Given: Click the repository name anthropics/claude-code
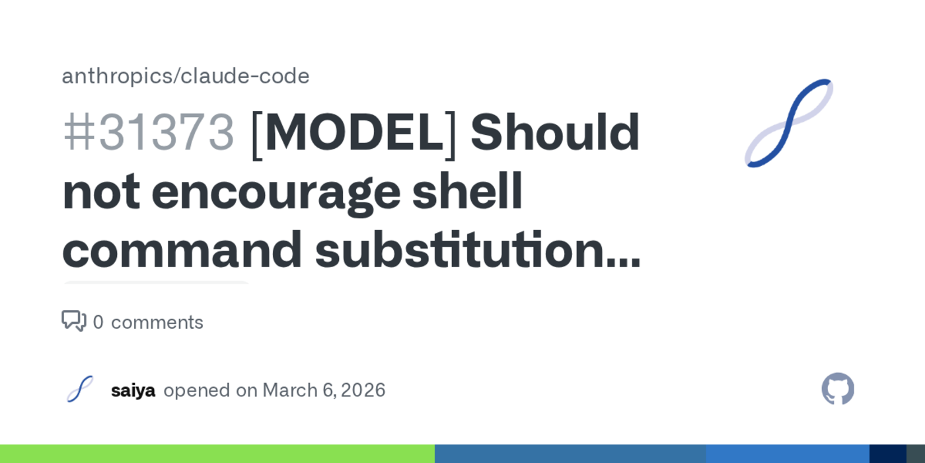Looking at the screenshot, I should pyautogui.click(x=186, y=77).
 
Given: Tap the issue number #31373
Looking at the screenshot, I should pyautogui.click(x=149, y=132).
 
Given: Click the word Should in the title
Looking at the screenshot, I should pyautogui.click(x=554, y=132).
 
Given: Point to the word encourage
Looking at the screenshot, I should pyautogui.click(x=276, y=192).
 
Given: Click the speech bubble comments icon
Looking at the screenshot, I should pyautogui.click(x=73, y=321).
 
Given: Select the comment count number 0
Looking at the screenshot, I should pyautogui.click(x=98, y=323).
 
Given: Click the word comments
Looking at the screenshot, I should pyautogui.click(x=157, y=323).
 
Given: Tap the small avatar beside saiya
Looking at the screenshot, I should pyautogui.click(x=80, y=390).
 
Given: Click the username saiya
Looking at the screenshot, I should pyautogui.click(x=133, y=390).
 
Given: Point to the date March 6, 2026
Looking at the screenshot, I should pyautogui.click(x=324, y=390).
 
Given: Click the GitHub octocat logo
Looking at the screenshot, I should pyautogui.click(x=838, y=389).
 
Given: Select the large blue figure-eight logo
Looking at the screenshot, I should pyautogui.click(x=788, y=123).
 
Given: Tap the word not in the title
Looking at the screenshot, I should pyautogui.click(x=100, y=192).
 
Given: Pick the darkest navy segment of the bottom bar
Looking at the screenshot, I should pyautogui.click(x=887, y=454).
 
